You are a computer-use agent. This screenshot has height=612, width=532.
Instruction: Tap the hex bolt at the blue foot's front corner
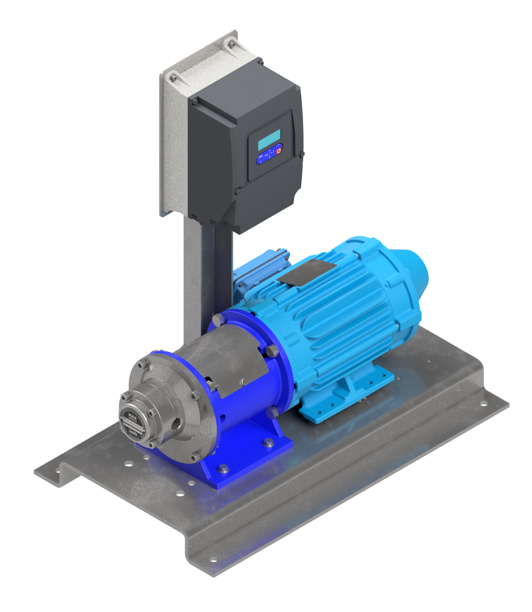[x=223, y=469]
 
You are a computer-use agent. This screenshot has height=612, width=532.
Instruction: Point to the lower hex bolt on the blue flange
[x=273, y=413]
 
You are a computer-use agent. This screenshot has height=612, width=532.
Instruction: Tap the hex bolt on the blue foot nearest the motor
[x=268, y=442]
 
